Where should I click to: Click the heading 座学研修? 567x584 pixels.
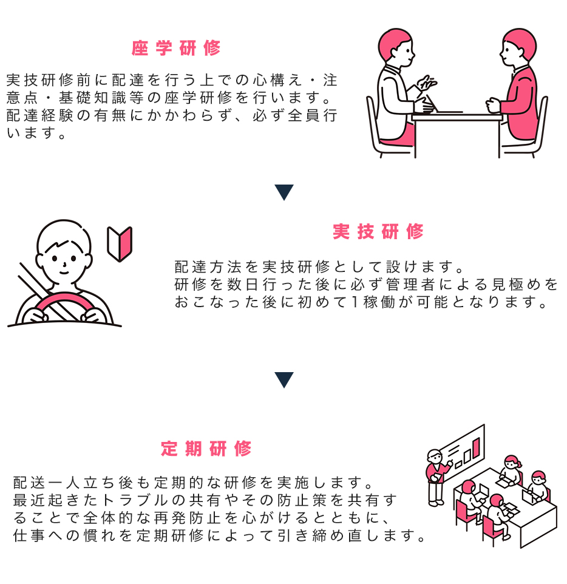(176, 49)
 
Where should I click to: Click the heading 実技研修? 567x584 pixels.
(378, 231)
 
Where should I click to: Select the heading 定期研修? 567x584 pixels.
(206, 449)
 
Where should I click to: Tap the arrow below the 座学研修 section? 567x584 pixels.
(283, 192)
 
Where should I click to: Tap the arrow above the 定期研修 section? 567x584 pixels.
(283, 380)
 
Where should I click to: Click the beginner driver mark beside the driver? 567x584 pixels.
(120, 243)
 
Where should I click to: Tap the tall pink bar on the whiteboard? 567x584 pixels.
(477, 448)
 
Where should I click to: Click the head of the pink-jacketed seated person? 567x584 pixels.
(518, 49)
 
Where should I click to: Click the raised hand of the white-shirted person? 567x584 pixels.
(428, 82)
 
